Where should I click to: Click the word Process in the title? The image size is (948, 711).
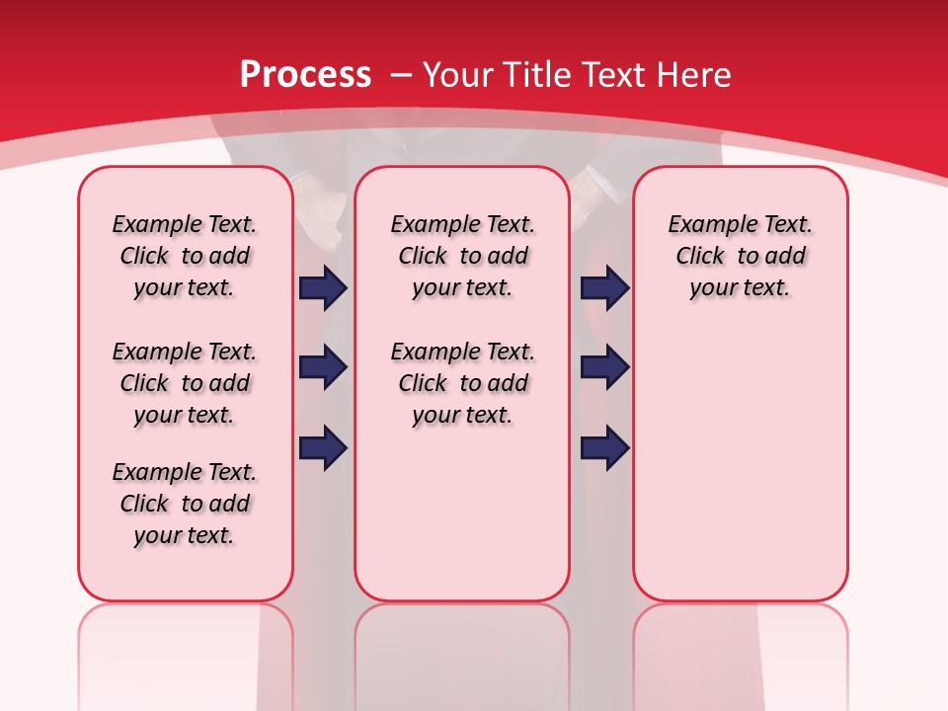[x=305, y=74]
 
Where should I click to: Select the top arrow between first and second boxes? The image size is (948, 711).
[x=323, y=288]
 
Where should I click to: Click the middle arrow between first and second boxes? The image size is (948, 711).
[x=323, y=368]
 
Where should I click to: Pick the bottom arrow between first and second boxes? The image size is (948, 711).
[x=323, y=448]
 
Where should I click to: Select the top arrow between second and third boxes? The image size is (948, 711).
[x=604, y=288]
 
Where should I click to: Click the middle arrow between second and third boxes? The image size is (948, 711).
[x=604, y=368]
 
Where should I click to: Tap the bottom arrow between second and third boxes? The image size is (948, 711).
[x=604, y=448]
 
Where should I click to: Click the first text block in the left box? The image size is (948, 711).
[x=185, y=256]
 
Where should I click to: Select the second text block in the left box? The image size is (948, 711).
[x=185, y=383]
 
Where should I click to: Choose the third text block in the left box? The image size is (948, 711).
[x=185, y=504]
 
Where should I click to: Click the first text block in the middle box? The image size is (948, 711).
[x=462, y=256]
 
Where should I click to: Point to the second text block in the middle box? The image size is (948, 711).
[x=462, y=383]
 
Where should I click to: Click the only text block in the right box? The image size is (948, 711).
[x=741, y=256]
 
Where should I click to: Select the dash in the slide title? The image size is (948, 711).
[x=401, y=74]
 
